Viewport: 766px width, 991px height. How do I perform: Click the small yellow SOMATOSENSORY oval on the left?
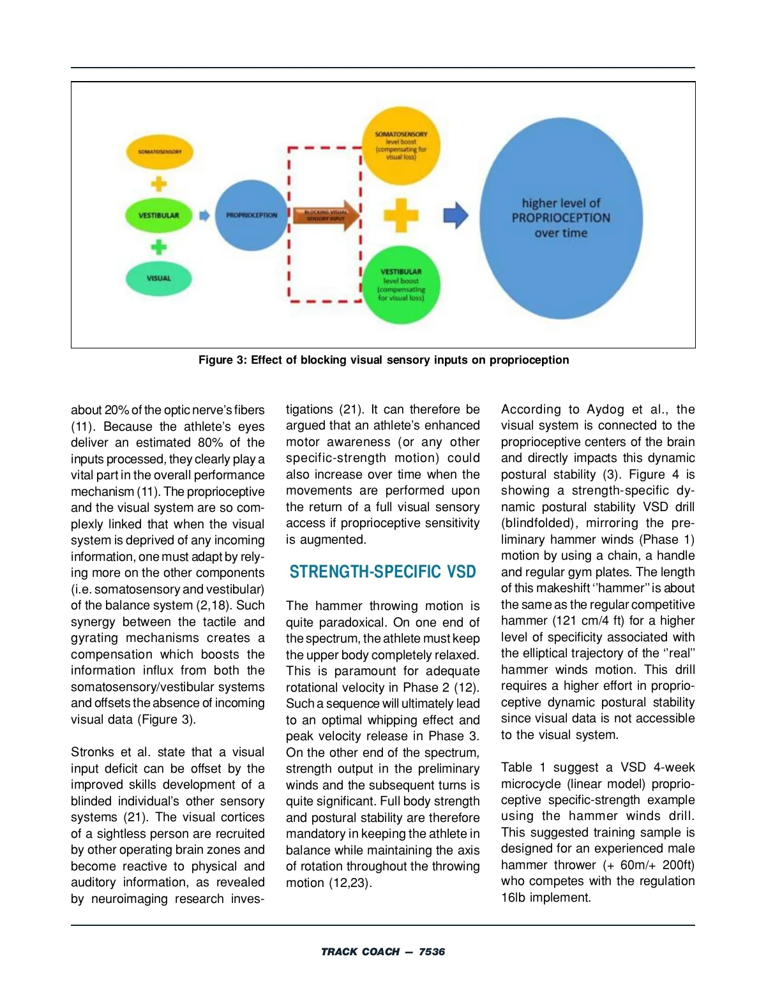click(160, 152)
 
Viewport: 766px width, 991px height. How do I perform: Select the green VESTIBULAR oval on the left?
click(159, 215)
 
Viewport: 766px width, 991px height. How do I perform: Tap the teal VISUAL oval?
click(159, 278)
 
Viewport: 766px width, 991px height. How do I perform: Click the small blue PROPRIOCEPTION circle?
click(252, 215)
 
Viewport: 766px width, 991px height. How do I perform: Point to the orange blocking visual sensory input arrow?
click(325, 215)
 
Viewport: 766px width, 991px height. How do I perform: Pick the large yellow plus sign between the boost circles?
click(401, 215)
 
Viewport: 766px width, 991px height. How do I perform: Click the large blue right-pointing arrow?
click(456, 215)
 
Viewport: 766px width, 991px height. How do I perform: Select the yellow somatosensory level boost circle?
click(401, 146)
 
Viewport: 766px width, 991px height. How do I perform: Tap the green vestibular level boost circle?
click(401, 285)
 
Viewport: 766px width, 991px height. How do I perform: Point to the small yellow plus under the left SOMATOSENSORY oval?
click(159, 184)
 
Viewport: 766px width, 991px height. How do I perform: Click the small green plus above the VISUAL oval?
click(159, 247)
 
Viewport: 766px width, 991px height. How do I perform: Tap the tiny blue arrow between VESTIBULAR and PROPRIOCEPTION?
click(204, 216)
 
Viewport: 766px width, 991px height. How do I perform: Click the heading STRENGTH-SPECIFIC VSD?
click(383, 572)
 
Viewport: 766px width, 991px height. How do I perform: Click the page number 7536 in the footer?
click(432, 951)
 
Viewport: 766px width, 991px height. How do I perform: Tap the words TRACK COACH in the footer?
click(360, 951)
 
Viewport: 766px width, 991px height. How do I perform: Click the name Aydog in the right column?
click(605, 410)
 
